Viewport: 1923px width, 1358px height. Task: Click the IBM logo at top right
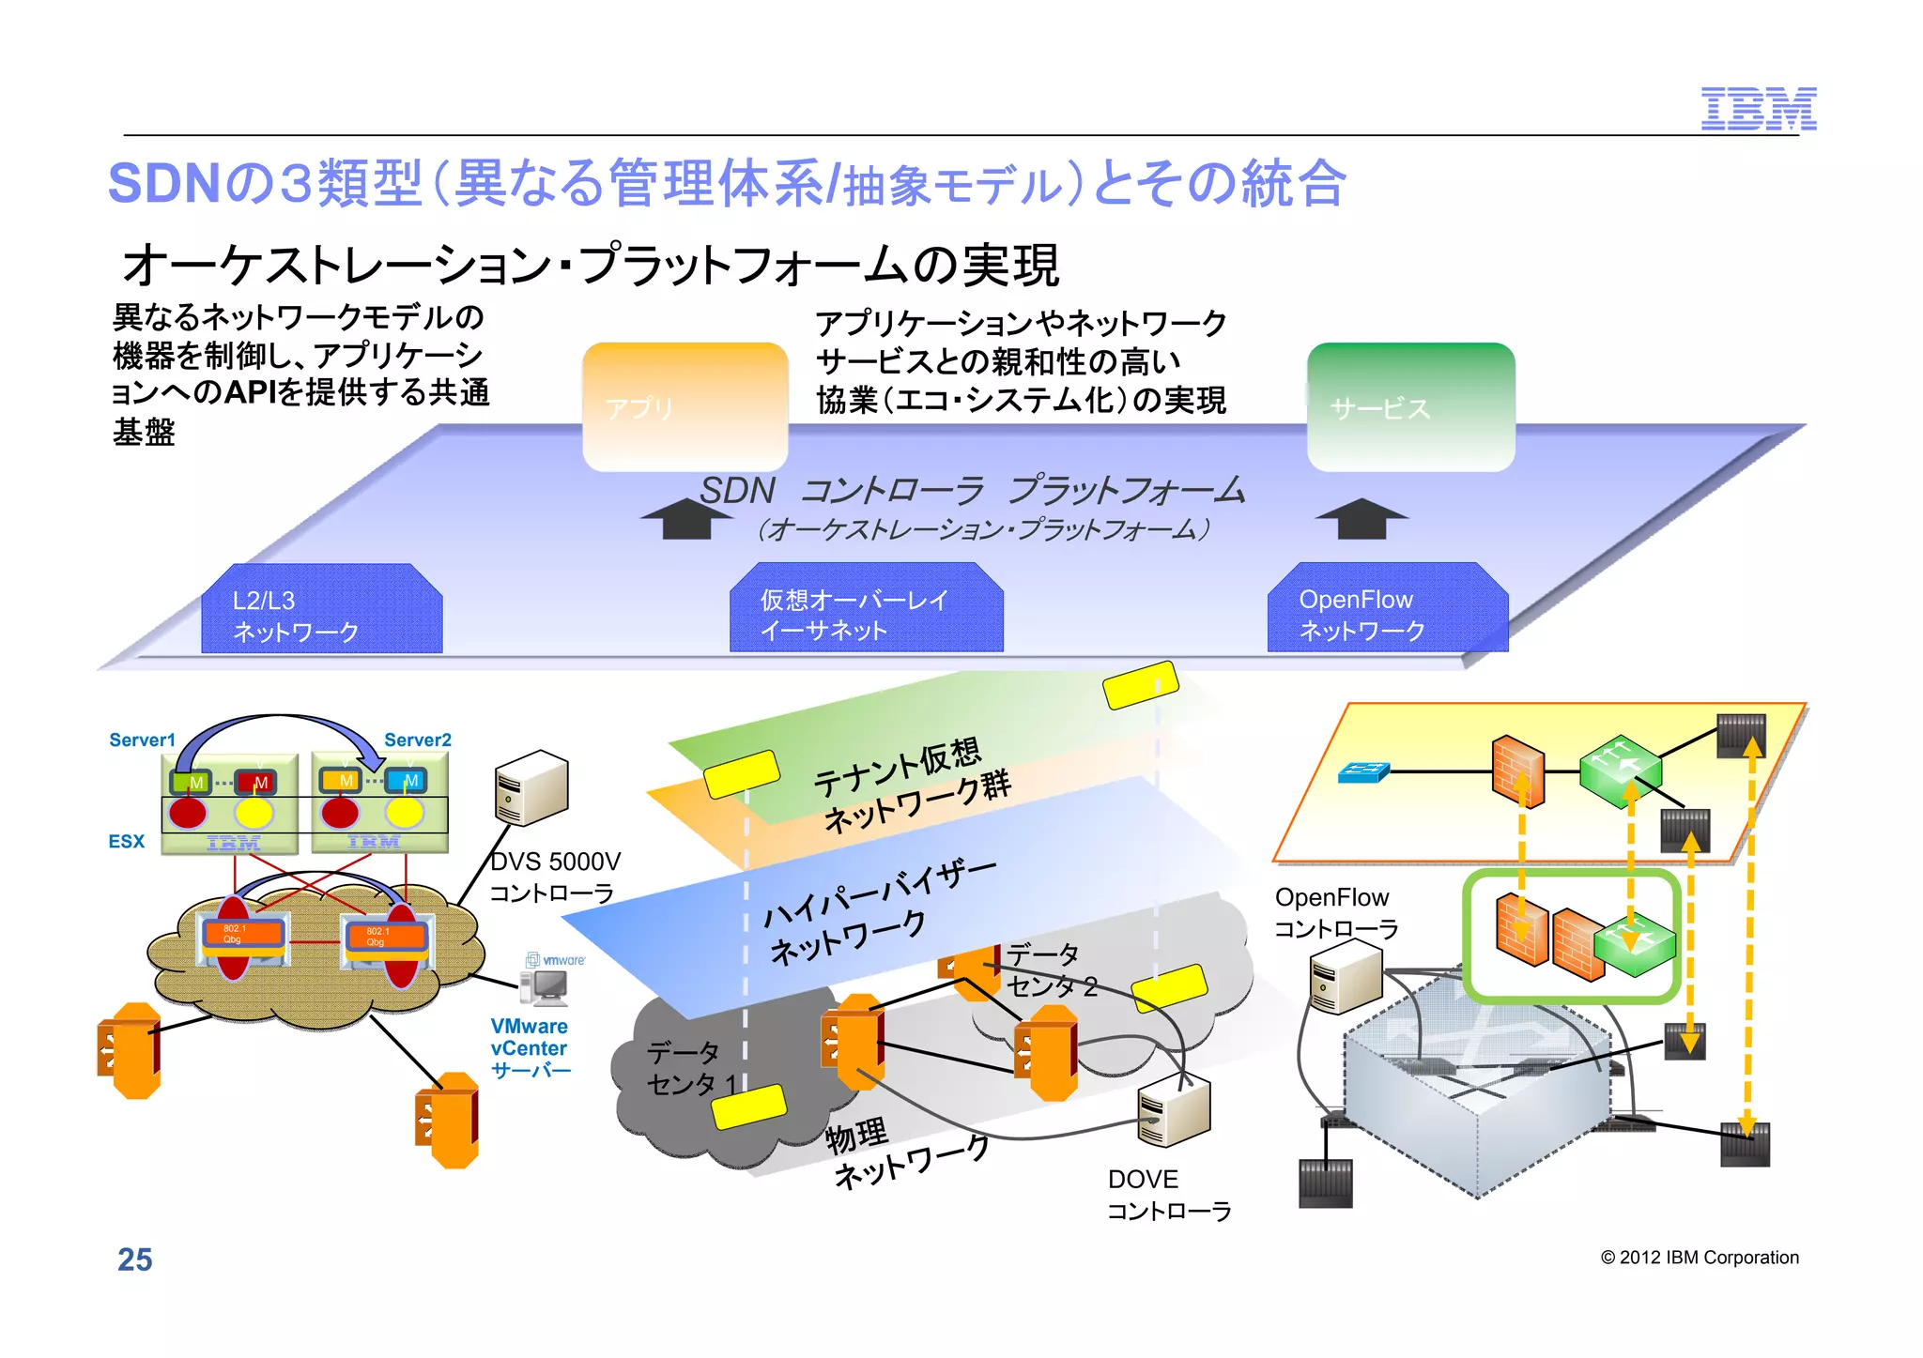tap(1758, 109)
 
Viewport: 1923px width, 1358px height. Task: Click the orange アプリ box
tap(685, 406)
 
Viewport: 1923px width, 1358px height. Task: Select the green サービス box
tap(1410, 406)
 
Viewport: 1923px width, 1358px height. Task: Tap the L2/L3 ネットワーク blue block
tap(321, 610)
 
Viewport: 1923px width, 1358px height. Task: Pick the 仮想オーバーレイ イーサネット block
tap(866, 610)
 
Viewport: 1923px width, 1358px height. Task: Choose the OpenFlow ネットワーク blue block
tap(1387, 610)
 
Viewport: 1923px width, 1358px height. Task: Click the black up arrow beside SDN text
tap(686, 518)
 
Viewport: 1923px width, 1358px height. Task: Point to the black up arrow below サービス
tap(1361, 518)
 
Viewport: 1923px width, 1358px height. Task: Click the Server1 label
tap(142, 740)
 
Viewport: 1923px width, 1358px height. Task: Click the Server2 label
tap(418, 740)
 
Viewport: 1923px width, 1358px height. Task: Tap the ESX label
tap(126, 841)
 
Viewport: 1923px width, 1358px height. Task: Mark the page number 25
tap(134, 1259)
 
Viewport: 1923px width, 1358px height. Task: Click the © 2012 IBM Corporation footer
tap(1700, 1258)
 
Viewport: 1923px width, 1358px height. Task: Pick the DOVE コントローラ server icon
tap(1173, 1112)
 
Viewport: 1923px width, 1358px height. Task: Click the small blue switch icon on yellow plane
tap(1362, 771)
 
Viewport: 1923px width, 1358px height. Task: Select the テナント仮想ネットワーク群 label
tap(911, 785)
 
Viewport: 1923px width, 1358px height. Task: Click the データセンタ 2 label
tap(1051, 970)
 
